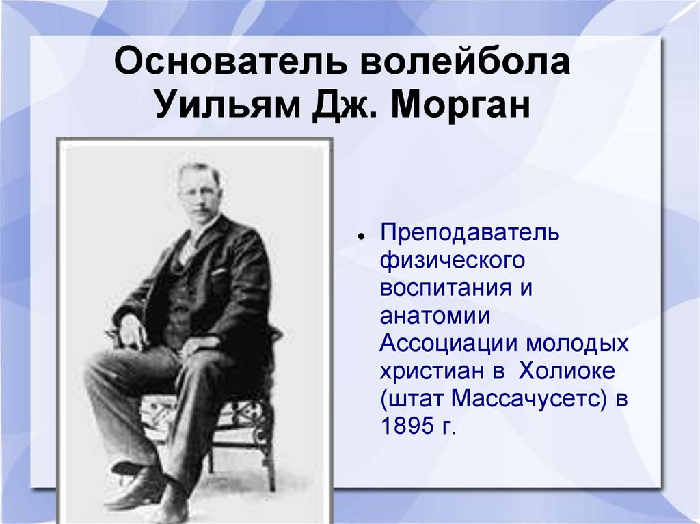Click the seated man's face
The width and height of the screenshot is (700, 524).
pyautogui.click(x=199, y=192)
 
